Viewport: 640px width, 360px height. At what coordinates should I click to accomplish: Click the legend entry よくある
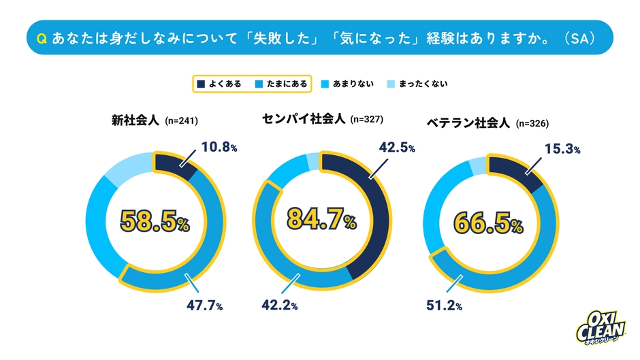click(x=219, y=84)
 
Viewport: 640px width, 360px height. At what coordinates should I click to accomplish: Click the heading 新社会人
click(x=135, y=120)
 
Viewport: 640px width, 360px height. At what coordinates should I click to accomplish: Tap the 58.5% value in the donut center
click(x=155, y=220)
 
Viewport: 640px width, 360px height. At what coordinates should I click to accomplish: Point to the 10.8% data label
click(x=219, y=146)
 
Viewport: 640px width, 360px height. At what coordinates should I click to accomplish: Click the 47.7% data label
click(x=205, y=306)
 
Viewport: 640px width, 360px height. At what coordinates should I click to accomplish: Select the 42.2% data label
click(x=279, y=306)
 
